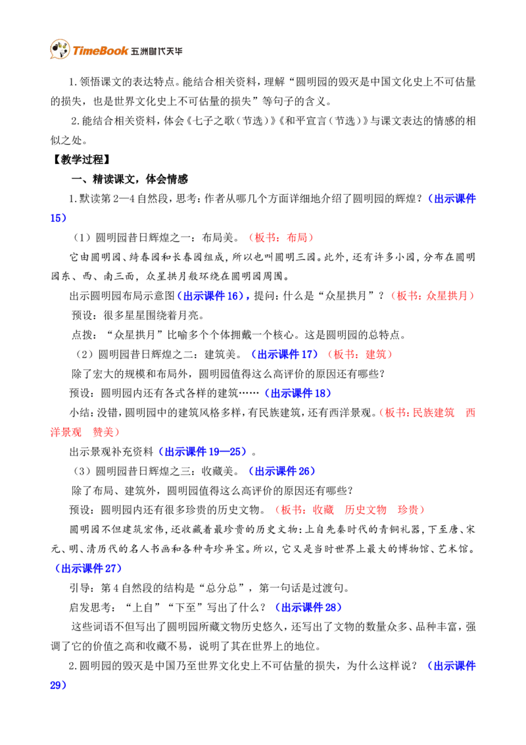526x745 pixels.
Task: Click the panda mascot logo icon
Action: tap(60, 49)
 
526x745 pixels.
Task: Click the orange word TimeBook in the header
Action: tap(100, 51)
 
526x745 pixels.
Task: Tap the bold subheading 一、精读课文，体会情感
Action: tap(129, 179)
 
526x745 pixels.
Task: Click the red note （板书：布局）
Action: tap(281, 238)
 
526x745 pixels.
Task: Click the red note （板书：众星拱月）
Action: tap(431, 296)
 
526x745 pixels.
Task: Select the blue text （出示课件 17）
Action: tap(283, 355)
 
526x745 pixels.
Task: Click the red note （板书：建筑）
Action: tap(359, 355)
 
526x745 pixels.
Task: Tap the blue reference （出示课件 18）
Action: tap(297, 394)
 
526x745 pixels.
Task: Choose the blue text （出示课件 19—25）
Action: tap(203, 452)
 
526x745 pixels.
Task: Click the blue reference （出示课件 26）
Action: tap(281, 471)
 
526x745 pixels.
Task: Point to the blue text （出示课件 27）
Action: tap(87, 568)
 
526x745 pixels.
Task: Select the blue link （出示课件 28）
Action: tap(308, 607)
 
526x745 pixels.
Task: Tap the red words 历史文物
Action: tap(366, 510)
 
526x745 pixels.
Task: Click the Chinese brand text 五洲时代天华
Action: tap(156, 51)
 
